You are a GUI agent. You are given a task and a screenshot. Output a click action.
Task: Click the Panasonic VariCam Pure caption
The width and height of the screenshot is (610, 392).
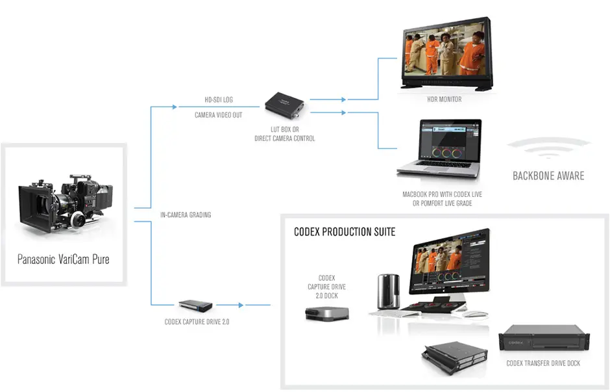tap(63, 259)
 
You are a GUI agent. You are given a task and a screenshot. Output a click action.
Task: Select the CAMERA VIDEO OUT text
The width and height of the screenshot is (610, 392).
tap(218, 115)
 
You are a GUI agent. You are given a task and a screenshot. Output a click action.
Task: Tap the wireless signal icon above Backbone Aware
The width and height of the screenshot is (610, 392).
tap(548, 148)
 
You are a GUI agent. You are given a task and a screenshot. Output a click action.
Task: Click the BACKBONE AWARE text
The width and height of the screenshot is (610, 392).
tap(548, 176)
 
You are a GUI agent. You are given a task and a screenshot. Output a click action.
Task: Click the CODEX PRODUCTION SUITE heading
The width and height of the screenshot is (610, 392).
tap(345, 231)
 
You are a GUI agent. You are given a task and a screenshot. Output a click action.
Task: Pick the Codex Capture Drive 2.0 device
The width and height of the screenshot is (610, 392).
tap(196, 305)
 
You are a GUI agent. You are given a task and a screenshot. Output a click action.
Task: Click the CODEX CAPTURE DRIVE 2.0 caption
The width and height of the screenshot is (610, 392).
tap(197, 321)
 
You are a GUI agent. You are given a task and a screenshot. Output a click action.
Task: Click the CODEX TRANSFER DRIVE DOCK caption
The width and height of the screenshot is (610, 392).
tap(543, 363)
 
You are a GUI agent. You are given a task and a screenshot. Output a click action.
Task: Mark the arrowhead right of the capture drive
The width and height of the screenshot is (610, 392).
tap(241, 305)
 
